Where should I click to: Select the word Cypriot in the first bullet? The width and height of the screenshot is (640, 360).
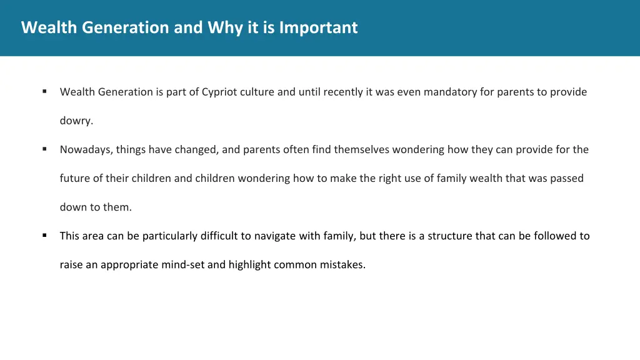point(220,92)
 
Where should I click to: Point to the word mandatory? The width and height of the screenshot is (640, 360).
point(450,92)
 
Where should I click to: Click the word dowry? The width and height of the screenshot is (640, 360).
point(76,121)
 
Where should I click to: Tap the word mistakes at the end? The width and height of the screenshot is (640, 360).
point(343,264)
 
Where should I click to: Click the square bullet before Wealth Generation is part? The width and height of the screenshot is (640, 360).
point(45,91)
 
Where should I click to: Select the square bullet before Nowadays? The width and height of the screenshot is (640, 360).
point(45,149)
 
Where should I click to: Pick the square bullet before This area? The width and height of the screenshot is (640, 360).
point(45,235)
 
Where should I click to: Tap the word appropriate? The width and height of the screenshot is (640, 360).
point(129,264)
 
